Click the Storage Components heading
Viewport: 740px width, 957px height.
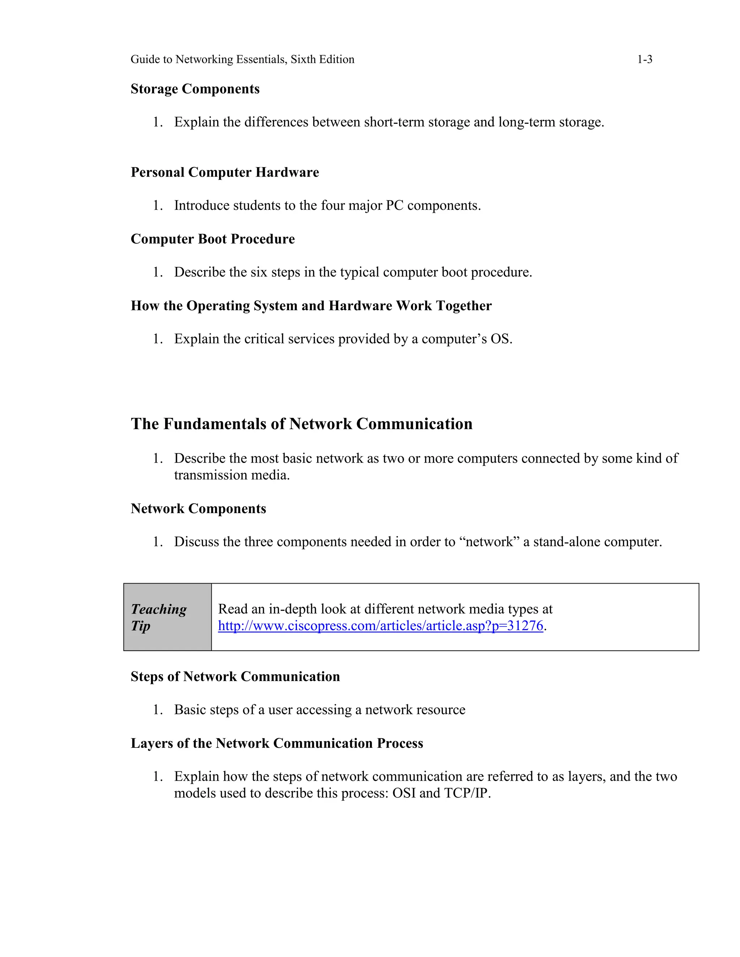(x=195, y=89)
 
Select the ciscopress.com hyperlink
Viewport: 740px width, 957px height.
(x=380, y=626)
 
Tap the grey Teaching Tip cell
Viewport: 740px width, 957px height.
(x=167, y=617)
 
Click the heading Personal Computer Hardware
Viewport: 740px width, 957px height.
(x=224, y=172)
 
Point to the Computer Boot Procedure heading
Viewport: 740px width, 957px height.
(x=212, y=239)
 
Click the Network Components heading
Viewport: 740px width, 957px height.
(x=198, y=508)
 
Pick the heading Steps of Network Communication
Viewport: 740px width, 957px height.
(x=235, y=676)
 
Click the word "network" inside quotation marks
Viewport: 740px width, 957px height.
(x=489, y=542)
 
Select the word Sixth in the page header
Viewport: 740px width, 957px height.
(x=301, y=59)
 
